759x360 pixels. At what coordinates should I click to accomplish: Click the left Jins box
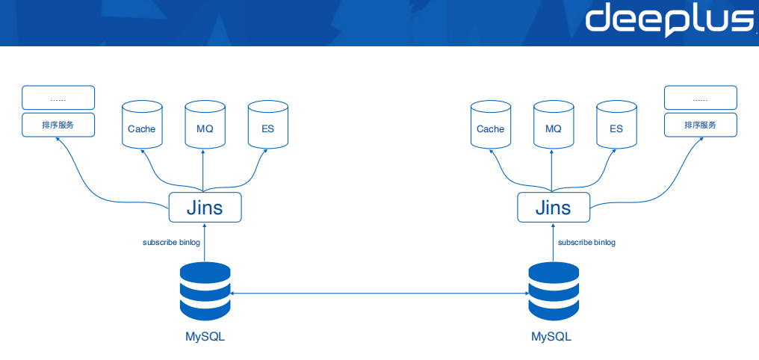205,207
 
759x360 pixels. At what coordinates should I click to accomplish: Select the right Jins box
554,207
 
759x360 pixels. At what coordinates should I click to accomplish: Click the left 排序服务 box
58,125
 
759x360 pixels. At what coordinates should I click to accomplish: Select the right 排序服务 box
700,125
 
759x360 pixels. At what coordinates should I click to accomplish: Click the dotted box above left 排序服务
58,98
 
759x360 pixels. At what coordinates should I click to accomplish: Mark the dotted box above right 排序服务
700,98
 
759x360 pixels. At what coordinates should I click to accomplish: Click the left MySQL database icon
205,291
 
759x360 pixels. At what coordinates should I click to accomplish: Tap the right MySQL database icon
554,291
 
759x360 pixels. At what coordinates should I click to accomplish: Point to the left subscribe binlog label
171,243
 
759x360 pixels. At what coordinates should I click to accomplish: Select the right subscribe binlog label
586,243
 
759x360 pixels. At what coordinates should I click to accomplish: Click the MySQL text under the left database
205,337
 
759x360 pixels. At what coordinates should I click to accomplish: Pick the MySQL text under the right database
551,337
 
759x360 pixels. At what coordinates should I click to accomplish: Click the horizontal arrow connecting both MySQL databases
379,294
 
